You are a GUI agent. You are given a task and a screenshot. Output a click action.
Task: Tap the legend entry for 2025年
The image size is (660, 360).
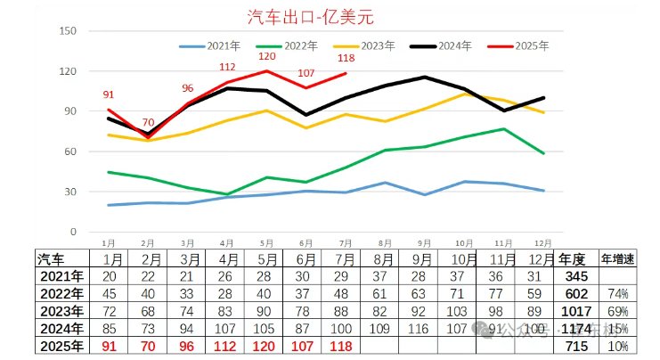coord(531,45)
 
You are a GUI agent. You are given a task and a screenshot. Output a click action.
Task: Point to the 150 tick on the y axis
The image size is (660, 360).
coord(68,31)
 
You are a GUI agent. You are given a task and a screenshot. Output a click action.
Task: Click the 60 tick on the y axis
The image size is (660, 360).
coord(70,151)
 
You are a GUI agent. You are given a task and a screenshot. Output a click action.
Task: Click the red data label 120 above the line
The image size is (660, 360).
coord(267,56)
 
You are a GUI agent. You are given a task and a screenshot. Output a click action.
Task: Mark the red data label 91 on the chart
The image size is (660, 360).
coord(109,95)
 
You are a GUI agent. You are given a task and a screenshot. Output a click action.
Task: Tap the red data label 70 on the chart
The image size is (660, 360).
coord(148,122)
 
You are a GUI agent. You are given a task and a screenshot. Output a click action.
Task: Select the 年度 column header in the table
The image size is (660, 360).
coord(573,259)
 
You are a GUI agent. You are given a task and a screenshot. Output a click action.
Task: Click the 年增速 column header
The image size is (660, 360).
coord(618,259)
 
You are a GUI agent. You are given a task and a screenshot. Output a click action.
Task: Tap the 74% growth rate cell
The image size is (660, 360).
coord(619,294)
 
